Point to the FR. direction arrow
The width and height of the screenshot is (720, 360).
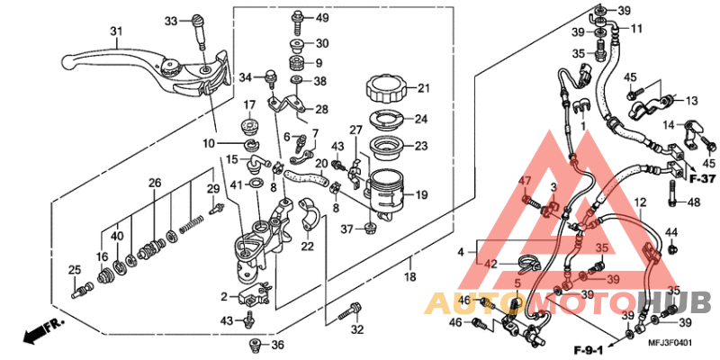pyautogui.click(x=36, y=333)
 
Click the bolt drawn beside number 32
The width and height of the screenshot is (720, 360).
pyautogui.click(x=349, y=313)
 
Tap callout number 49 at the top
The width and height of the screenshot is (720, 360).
pyautogui.click(x=321, y=18)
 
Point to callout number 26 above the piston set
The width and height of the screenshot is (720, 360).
pyautogui.click(x=155, y=183)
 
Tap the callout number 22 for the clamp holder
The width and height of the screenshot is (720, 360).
pyautogui.click(x=306, y=247)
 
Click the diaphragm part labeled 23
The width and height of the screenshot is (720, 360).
pyautogui.click(x=388, y=146)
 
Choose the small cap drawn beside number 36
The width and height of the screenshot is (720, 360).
pyautogui.click(x=255, y=345)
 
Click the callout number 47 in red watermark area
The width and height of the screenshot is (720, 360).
pyautogui.click(x=526, y=182)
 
